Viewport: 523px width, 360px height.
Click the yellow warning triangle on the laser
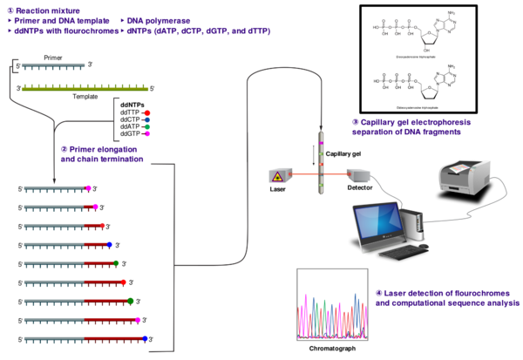point(277,176)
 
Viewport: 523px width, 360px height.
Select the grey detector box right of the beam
point(357,174)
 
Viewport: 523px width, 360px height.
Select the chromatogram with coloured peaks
point(331,304)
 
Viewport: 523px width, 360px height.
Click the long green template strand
point(85,88)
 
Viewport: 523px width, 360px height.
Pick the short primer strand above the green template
point(53,65)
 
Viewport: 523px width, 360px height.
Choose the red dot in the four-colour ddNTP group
point(147,113)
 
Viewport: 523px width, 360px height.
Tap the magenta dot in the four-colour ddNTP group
point(147,133)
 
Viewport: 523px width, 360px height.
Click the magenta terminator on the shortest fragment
point(88,188)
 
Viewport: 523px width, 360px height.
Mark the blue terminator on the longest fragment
point(145,338)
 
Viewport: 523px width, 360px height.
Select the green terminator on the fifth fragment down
point(116,263)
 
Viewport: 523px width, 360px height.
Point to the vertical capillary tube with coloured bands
point(321,161)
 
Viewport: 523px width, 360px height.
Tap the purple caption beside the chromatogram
point(447,298)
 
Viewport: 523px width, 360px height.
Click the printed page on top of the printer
point(460,166)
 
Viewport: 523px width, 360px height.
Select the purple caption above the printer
point(411,126)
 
